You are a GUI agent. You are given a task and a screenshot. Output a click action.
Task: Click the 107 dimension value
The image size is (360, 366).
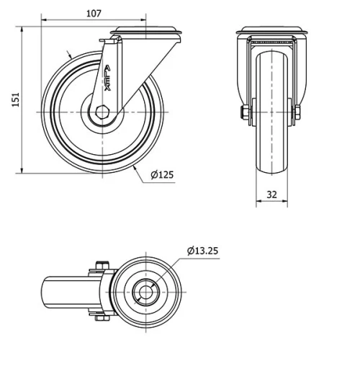tap(93, 12)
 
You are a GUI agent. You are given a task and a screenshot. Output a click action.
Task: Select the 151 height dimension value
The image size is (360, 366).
tap(14, 101)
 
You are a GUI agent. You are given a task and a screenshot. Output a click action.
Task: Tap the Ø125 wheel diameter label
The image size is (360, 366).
tap(163, 174)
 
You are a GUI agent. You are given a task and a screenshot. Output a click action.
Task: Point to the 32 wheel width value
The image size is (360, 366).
tap(271, 194)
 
